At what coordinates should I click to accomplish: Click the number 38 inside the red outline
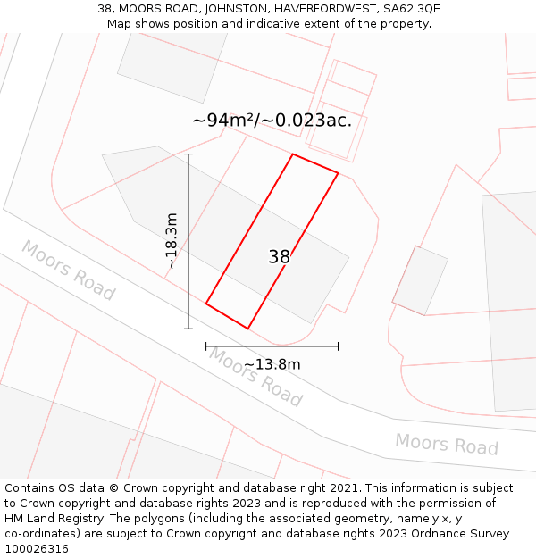coord(280,257)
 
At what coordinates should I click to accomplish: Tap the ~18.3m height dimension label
coord(172,241)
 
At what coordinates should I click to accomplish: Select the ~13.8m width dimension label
coord(272,364)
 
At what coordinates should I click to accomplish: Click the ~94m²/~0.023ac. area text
coord(272,121)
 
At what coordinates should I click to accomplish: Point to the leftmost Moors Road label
coord(68,270)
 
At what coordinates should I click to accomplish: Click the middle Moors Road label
coord(255,377)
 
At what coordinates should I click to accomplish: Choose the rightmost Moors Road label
coord(446,444)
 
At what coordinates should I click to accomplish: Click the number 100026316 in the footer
coord(37,548)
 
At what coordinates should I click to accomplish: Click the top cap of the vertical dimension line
coord(188,154)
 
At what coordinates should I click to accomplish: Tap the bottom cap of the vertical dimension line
coord(188,329)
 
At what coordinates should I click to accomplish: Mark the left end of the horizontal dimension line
coord(206,346)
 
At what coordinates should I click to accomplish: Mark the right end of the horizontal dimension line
coord(338,346)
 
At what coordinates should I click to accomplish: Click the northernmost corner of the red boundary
coord(293,154)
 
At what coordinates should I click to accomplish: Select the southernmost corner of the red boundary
coord(247,329)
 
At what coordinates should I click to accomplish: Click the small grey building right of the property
coord(420,280)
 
